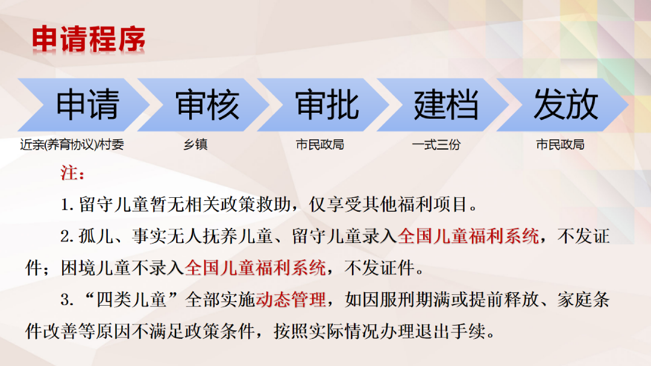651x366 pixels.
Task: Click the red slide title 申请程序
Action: click(89, 39)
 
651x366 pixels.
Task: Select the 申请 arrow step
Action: click(84, 105)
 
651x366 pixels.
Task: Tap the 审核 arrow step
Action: click(204, 105)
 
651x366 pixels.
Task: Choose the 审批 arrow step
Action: click(323, 105)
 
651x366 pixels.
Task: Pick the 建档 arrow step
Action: click(442, 105)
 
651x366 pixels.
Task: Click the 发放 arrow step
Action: click(562, 105)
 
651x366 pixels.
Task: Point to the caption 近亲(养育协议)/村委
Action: click(72, 145)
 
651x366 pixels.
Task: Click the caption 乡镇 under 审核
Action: click(195, 145)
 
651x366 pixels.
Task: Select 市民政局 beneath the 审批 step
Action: click(319, 145)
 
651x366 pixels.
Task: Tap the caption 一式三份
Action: click(436, 145)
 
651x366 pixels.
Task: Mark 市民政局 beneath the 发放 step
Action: click(560, 145)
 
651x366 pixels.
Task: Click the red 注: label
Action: click(73, 173)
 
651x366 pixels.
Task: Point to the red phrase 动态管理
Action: click(291, 300)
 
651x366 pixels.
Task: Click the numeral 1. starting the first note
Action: click(68, 205)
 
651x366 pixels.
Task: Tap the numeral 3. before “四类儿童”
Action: click(67, 300)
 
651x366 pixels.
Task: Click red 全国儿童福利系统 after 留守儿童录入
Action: click(468, 236)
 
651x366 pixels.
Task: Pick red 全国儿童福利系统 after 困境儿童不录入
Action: click(255, 268)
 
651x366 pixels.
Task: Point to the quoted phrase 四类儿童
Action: click(131, 300)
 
